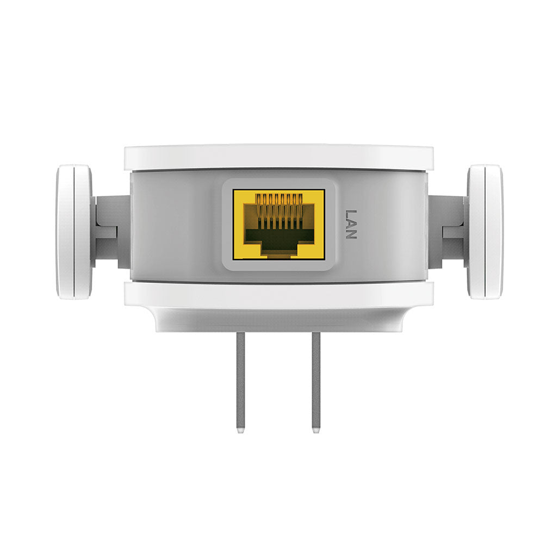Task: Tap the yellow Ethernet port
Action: pos(278,224)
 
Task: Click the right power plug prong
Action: pos(316,381)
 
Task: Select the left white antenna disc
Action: pos(74,232)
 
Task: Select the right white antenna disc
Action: pos(485,232)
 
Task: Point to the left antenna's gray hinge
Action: pos(111,232)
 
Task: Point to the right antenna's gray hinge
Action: pos(448,232)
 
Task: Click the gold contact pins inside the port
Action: pos(278,209)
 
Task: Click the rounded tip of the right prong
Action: pos(316,431)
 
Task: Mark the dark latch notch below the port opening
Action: pos(278,253)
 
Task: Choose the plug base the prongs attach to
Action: pos(278,321)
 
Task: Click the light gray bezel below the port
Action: pos(278,265)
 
